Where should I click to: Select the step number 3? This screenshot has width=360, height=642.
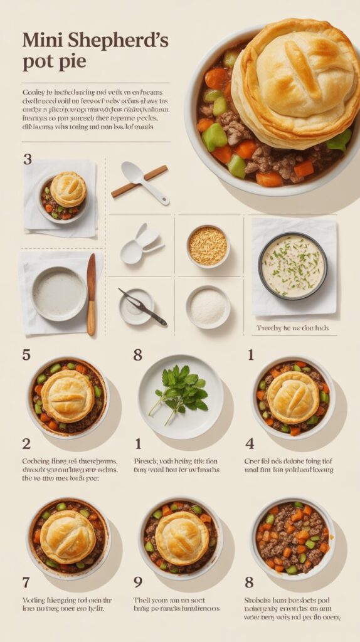[27, 159]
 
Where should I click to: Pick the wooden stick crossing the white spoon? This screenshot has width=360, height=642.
[140, 181]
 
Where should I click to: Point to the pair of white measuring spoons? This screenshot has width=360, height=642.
[140, 244]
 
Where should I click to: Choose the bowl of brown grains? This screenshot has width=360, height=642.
[208, 246]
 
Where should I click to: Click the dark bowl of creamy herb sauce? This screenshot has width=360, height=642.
[292, 266]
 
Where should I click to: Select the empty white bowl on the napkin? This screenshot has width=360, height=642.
[59, 293]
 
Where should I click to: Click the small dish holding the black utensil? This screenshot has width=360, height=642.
[137, 307]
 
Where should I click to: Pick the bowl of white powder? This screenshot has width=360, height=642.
[208, 307]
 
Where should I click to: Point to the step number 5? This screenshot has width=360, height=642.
[26, 355]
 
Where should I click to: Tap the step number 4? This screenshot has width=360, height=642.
[250, 444]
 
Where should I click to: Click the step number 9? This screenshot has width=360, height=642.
[138, 582]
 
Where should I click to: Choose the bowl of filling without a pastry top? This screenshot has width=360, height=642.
[292, 537]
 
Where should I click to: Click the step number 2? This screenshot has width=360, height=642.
[26, 444]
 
